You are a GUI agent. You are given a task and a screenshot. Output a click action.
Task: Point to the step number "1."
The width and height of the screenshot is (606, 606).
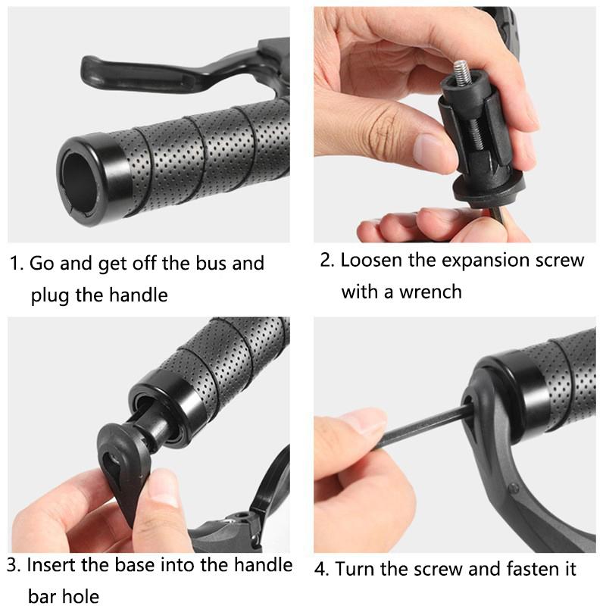[17, 264]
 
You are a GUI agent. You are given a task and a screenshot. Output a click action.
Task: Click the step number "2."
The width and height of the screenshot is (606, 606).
[326, 261]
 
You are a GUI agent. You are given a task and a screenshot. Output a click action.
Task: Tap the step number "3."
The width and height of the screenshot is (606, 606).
[14, 565]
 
